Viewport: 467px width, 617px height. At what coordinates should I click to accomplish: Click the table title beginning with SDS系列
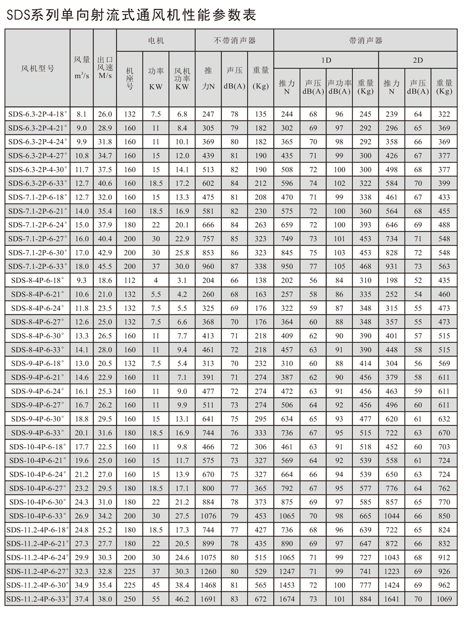131,15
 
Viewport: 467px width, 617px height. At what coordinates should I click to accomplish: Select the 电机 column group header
156,41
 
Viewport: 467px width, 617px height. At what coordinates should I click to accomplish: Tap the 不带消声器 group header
234,41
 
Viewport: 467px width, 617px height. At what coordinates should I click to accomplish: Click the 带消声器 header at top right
365,41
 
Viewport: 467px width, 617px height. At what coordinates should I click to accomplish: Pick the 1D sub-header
326,61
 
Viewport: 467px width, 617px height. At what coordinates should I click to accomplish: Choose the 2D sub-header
417,61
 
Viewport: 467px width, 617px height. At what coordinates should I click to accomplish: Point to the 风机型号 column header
38,69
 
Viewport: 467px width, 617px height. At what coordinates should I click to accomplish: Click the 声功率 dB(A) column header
340,87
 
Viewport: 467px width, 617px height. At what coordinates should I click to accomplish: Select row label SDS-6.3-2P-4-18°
38,114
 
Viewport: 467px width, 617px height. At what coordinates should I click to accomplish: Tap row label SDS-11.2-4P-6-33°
38,599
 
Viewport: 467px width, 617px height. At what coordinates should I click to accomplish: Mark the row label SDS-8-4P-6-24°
38,308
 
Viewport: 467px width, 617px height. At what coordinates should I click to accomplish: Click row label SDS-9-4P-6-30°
38,419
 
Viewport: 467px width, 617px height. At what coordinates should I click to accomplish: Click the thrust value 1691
208,599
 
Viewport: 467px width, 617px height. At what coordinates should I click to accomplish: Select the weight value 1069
444,599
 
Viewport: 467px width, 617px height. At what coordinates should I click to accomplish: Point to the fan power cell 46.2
182,599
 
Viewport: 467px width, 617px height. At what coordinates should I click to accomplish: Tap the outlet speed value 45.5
105,267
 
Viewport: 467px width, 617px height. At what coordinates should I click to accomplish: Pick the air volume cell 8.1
82,114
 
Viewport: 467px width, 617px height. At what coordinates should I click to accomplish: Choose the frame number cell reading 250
130,599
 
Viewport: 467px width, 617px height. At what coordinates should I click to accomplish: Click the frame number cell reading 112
130,281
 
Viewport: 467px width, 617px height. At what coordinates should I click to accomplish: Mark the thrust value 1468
208,585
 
